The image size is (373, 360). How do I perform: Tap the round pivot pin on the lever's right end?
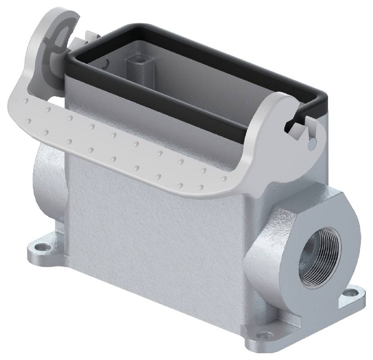pos(311,142)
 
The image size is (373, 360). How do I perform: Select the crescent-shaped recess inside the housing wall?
pos(104,63)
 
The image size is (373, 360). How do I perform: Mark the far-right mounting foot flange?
pos(351,299)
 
